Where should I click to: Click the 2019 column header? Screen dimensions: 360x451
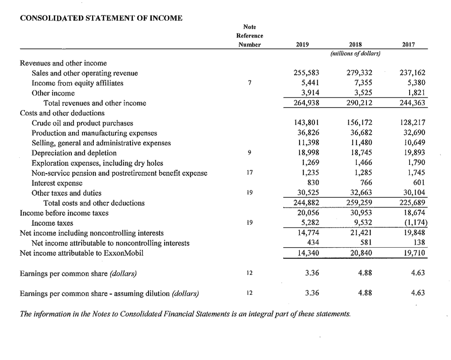(x=303, y=45)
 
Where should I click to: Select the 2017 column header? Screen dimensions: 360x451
(x=409, y=45)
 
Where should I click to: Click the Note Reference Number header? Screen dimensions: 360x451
(x=249, y=35)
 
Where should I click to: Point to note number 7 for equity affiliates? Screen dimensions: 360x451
(x=250, y=83)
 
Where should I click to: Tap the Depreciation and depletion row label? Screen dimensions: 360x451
(x=74, y=153)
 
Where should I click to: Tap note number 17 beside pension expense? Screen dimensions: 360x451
(x=249, y=173)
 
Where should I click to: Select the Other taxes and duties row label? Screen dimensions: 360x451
(x=66, y=193)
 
